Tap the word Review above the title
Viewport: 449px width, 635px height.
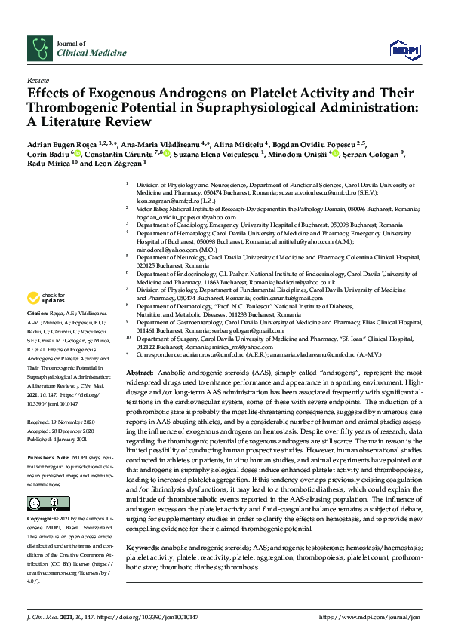[38, 79]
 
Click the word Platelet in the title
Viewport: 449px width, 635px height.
[276, 94]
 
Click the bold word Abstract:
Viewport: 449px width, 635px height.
[139, 352]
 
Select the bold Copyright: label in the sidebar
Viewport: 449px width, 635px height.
[43, 520]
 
